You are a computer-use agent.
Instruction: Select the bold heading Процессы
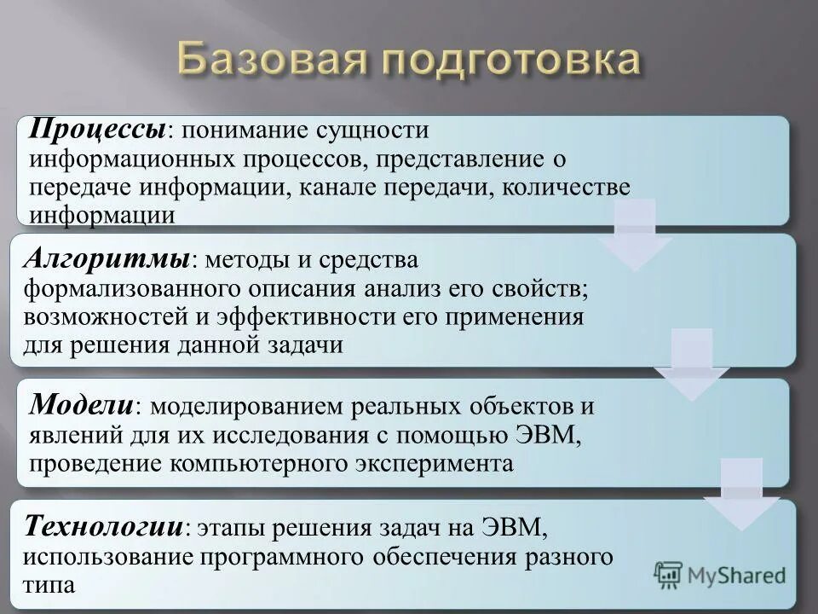[98, 130]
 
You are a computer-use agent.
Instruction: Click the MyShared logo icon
[669, 574]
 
